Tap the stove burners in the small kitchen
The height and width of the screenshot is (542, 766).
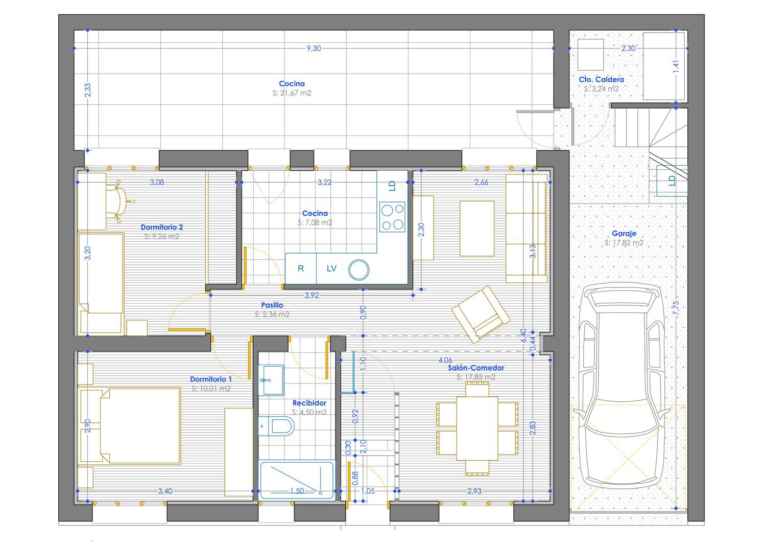coord(392,217)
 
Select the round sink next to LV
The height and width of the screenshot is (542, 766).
coord(358,270)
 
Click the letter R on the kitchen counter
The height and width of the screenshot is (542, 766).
coord(301,268)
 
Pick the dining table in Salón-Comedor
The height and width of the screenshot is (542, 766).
coord(477,428)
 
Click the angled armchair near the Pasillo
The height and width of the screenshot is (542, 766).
coord(481,314)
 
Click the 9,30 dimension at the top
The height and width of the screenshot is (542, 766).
coord(314,48)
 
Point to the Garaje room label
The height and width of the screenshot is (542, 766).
coord(624,234)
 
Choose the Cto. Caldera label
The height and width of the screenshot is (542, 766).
coord(601,79)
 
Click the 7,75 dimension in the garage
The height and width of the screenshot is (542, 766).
coord(676,308)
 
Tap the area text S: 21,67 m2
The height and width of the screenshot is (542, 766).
coord(292,93)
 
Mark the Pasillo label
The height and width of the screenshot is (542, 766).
coord(272,305)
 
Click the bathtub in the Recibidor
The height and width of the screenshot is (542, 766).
coord(297,480)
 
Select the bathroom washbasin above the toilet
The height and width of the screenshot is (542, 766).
coord(271,380)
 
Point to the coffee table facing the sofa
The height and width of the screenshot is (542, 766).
coord(477,229)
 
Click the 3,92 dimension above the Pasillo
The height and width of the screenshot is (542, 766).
coord(312,295)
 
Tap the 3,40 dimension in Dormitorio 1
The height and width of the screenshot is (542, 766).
coord(165,491)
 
